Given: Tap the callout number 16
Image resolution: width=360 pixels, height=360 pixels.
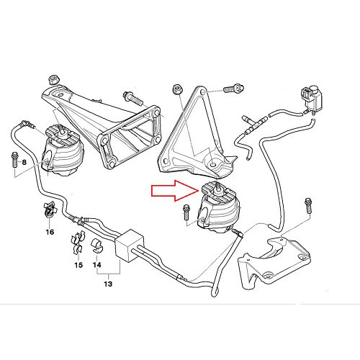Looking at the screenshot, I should tap(49, 232).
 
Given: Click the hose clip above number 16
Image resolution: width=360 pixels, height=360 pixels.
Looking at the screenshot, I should tap(48, 212).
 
